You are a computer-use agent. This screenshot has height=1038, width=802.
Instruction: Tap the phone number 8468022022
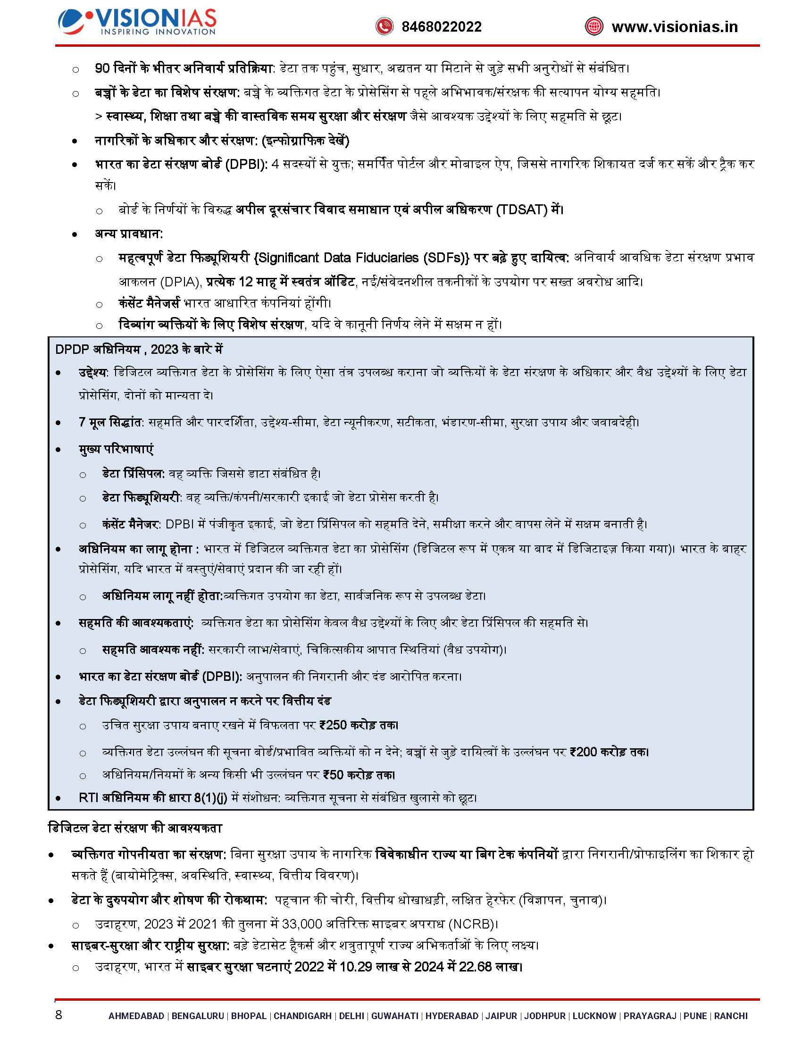(x=442, y=26)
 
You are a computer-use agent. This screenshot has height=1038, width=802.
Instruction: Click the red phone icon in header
(x=384, y=26)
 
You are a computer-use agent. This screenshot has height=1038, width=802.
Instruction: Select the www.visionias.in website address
(x=675, y=26)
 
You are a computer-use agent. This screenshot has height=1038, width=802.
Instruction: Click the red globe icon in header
(x=594, y=26)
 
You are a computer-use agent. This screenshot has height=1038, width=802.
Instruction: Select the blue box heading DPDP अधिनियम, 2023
(x=139, y=349)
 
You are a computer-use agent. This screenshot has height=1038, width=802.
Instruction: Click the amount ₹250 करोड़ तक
(x=359, y=725)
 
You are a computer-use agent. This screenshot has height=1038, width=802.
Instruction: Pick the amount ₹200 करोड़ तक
(x=609, y=752)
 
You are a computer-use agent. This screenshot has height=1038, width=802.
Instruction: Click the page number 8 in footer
(x=58, y=1015)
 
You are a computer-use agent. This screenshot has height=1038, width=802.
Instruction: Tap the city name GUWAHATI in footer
(x=394, y=1016)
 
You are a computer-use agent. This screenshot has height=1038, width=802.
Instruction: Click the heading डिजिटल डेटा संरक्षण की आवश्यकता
(x=135, y=828)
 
